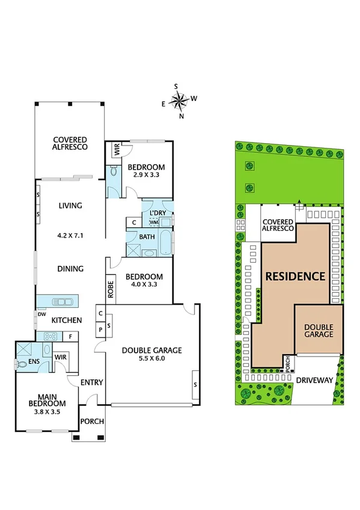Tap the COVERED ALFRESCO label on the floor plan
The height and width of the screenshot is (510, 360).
[x=70, y=142]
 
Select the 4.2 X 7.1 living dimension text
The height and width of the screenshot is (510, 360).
[x=70, y=236]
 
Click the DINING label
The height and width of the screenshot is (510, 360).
[x=70, y=269]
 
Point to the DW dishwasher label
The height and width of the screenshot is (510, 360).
[x=41, y=314]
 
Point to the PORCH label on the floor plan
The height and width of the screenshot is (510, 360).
[x=92, y=421]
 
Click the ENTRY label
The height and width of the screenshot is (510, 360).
[x=92, y=382]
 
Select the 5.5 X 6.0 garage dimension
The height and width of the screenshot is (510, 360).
[x=151, y=358]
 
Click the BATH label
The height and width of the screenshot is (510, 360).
[x=147, y=237]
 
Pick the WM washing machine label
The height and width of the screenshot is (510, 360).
[x=154, y=222]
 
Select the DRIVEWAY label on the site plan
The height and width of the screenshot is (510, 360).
[x=314, y=379]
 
